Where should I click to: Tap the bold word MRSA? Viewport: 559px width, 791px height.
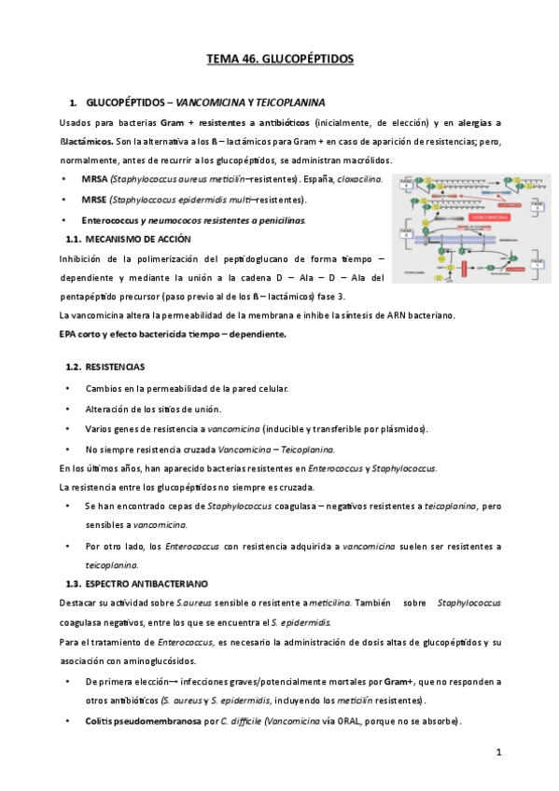[x=95, y=178]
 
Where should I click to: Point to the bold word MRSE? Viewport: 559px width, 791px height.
[x=95, y=200]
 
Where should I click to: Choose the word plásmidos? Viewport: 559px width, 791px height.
[x=403, y=429]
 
